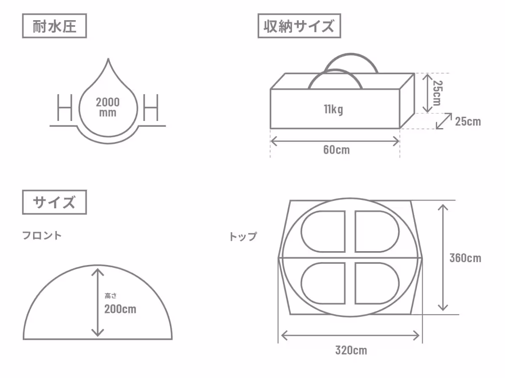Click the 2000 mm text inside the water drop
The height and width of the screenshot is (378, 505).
pos(108,107)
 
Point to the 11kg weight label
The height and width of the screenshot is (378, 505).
pos(333,109)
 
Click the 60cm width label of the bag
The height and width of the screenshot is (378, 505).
pos(336,150)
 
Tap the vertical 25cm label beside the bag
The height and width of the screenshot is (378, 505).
pos(438,93)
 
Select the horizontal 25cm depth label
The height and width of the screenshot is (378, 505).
pos(468,121)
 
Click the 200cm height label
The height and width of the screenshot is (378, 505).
pos(120,309)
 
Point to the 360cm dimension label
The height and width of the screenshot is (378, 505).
pos(465,258)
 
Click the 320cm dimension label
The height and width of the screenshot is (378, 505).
pos(351,350)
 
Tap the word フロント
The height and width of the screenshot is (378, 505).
pos(42,236)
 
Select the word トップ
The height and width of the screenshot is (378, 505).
pos(243,236)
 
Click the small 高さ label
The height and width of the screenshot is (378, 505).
pos(111,296)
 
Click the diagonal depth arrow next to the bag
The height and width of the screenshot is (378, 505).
pos(444,121)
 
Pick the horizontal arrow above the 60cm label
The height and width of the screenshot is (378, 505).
pos(335,141)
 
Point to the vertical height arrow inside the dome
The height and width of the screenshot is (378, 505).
pos(98,302)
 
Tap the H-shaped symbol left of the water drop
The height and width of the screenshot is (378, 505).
pos(65,108)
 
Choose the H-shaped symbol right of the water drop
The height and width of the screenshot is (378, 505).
pos(151,108)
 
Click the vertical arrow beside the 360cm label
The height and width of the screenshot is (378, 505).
pos(443,257)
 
